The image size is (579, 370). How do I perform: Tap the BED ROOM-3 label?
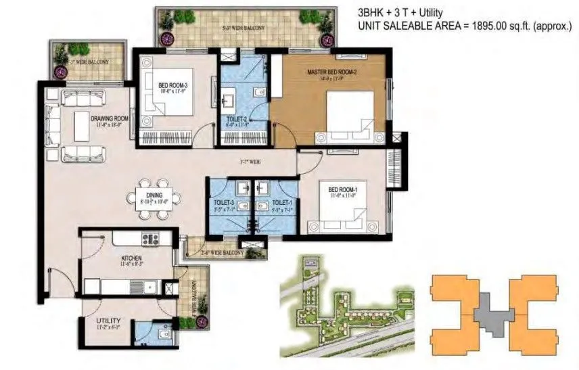point(172,85)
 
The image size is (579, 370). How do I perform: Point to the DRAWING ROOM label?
point(110,118)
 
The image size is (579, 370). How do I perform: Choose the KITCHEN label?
point(130,258)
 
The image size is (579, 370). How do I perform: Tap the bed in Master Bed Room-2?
point(350,114)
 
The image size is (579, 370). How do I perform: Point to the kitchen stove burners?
point(150,237)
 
